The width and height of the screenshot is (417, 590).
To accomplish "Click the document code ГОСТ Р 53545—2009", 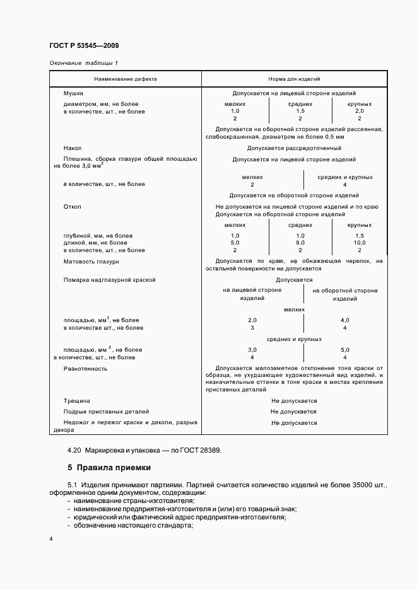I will point(83,46).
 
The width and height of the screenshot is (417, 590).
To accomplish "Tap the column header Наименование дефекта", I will point(126,79).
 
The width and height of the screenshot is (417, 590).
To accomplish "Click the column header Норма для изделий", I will point(294,79).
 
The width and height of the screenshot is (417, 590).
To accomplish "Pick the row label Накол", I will point(73,149).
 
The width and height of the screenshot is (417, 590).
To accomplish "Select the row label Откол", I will point(73,207).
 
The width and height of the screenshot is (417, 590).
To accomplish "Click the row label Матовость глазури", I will point(91,261).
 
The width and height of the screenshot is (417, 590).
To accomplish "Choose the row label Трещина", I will point(77,400).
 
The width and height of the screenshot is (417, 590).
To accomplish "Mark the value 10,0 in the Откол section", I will point(359,243).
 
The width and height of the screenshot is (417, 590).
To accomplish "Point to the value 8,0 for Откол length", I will point(300,243).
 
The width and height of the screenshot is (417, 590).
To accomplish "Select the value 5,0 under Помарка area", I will point(344,349).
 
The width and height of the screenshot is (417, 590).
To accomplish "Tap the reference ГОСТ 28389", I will point(201,450).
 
